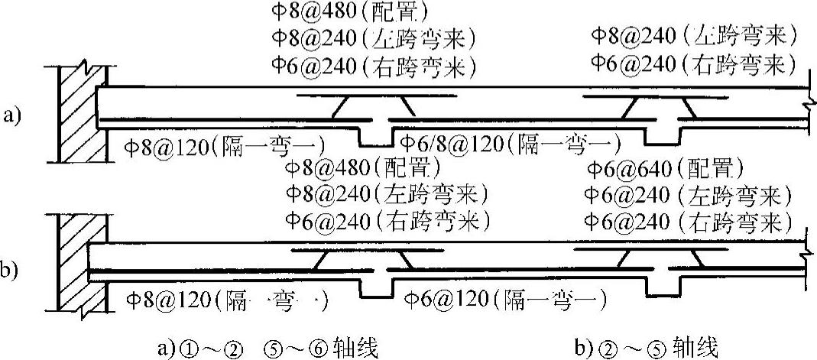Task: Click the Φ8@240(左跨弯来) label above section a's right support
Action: [x=695, y=34]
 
